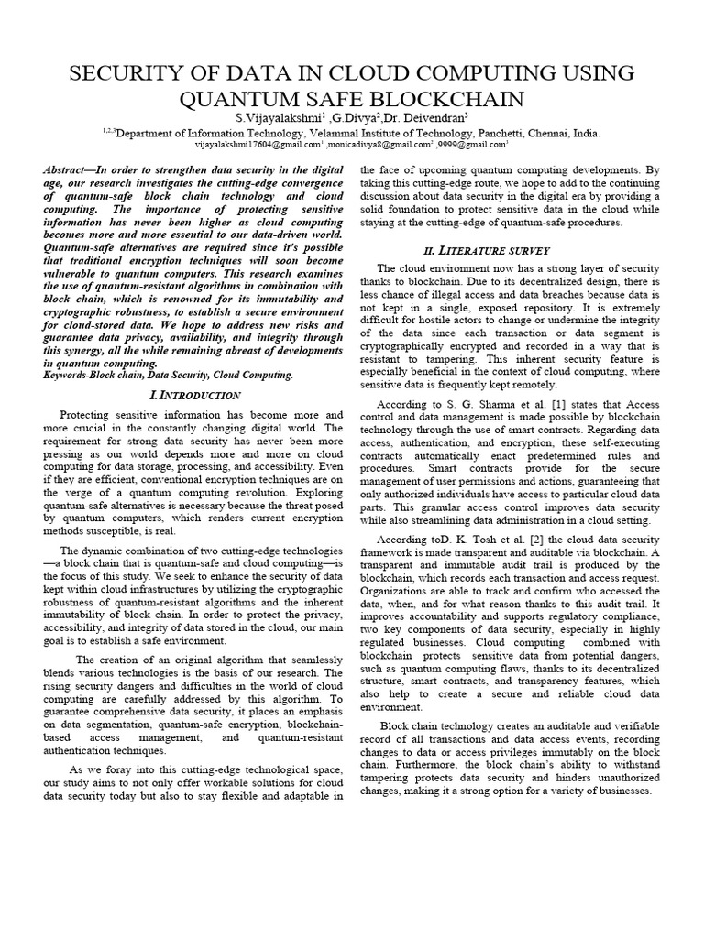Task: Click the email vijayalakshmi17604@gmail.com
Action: [x=257, y=144]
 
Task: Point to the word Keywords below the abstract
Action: [x=67, y=376]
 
